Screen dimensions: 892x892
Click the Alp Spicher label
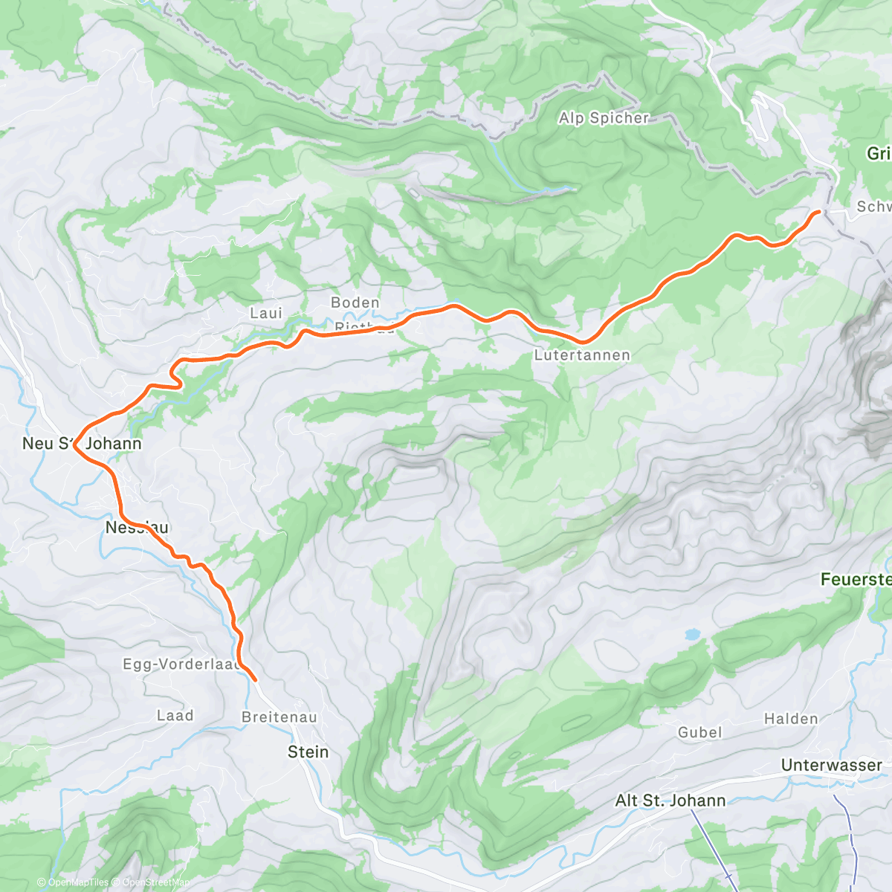tap(604, 118)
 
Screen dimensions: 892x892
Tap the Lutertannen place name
tap(582, 355)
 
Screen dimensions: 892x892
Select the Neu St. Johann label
tap(82, 444)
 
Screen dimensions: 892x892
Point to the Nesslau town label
tap(137, 528)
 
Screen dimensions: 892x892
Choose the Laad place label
tap(175, 716)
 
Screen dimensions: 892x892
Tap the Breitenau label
tap(279, 717)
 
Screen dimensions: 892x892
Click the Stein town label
tap(308, 752)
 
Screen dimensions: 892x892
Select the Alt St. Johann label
tap(670, 801)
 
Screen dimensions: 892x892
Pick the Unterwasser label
tap(832, 765)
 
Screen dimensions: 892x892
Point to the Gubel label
tap(699, 732)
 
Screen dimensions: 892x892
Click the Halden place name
tap(791, 719)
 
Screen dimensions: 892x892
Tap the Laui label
tap(266, 314)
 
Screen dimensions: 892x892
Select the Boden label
tap(355, 303)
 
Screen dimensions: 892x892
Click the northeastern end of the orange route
tap(818, 212)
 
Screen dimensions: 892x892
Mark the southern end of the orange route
tap(255, 679)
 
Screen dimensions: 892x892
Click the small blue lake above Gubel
tap(692, 635)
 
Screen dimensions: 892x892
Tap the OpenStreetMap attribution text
tap(155, 882)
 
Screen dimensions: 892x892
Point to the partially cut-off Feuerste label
tap(856, 579)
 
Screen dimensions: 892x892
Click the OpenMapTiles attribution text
tap(77, 882)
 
